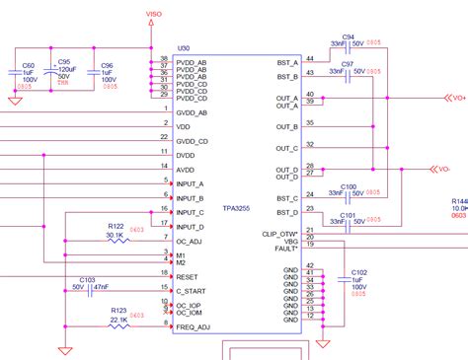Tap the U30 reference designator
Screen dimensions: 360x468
click(183, 47)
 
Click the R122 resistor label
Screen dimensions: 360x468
click(116, 226)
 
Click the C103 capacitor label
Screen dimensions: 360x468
click(87, 280)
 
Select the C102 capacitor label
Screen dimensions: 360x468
click(359, 271)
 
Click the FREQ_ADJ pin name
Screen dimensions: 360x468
click(194, 325)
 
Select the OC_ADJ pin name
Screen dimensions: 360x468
click(189, 241)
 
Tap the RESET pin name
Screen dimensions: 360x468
click(188, 277)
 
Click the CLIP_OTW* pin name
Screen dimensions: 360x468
click(282, 233)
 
